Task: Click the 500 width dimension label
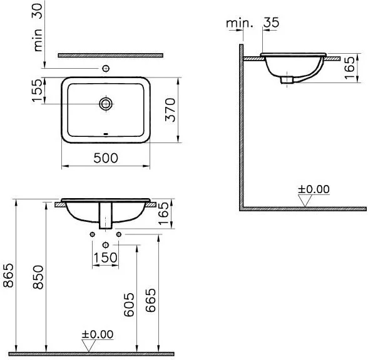click(x=106, y=158)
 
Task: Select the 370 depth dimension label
click(x=170, y=110)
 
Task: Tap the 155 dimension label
click(x=37, y=90)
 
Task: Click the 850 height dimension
click(x=38, y=277)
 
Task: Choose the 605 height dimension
click(x=129, y=304)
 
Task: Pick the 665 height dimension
click(x=150, y=300)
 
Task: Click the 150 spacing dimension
click(x=105, y=257)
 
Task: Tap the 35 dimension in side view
click(x=272, y=22)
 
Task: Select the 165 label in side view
click(x=349, y=67)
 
